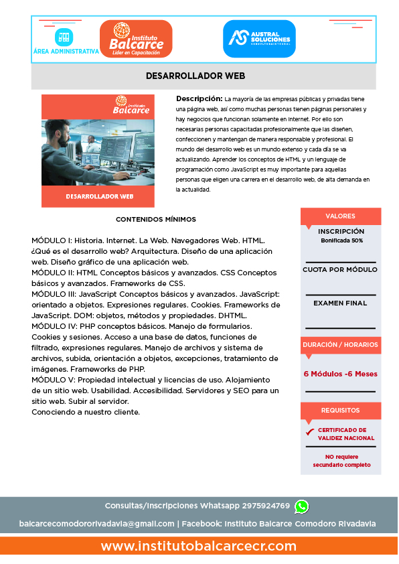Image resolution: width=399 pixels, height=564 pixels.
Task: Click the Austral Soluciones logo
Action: click(x=259, y=38)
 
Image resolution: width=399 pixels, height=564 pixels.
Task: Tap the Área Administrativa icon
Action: click(x=65, y=37)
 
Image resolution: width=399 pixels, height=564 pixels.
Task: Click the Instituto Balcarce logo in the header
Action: click(x=136, y=38)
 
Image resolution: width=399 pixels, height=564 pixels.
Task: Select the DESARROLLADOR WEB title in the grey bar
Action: click(x=195, y=76)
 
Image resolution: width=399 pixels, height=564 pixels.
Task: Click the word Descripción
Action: click(x=199, y=98)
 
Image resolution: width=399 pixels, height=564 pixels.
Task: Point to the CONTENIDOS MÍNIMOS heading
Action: click(x=156, y=219)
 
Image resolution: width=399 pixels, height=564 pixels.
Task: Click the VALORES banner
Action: click(x=340, y=216)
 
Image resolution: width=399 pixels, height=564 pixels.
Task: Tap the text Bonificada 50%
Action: click(x=341, y=240)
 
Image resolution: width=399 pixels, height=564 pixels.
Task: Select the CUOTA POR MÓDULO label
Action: click(x=340, y=269)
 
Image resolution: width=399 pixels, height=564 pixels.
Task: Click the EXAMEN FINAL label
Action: click(x=340, y=303)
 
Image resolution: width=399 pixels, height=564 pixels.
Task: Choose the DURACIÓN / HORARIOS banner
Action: click(x=340, y=344)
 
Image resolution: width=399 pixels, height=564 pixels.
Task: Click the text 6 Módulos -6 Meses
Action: click(x=340, y=374)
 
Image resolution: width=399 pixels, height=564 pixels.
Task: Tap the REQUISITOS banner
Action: click(x=340, y=410)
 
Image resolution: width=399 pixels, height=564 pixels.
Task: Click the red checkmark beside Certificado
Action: click(x=309, y=432)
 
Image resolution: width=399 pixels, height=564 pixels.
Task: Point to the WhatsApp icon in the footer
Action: click(x=301, y=506)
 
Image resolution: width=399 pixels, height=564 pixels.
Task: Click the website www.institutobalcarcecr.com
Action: click(x=199, y=547)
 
